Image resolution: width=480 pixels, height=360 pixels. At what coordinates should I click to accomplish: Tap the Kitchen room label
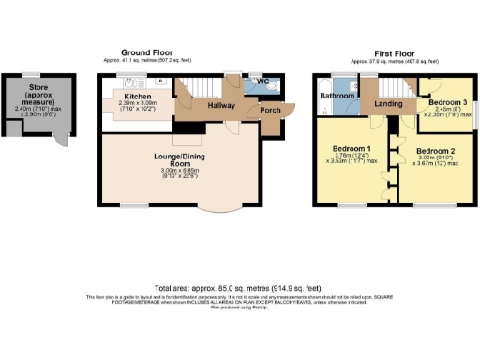(130, 95)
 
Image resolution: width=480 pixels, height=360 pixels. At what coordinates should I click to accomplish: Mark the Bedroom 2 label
(436, 151)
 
